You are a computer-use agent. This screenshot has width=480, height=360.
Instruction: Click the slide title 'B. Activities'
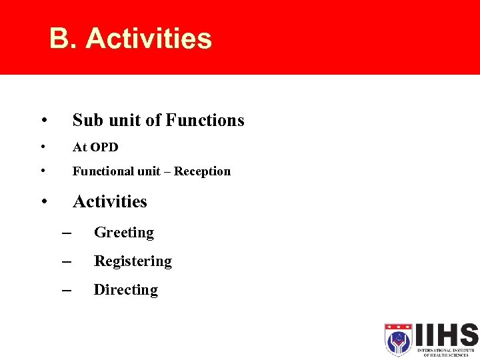(x=130, y=39)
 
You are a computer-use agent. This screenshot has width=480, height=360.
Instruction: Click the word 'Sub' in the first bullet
(x=87, y=120)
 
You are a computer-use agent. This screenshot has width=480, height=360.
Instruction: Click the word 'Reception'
(x=202, y=171)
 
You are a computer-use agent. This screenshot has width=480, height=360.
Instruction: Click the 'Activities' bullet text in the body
(x=109, y=201)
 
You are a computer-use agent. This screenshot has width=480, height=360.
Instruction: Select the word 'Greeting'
(x=123, y=233)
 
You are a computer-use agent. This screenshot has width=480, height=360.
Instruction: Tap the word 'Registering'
(x=133, y=261)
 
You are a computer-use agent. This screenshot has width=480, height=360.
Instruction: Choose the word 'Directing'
(x=125, y=290)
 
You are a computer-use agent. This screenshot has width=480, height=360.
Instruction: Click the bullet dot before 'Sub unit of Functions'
(x=43, y=121)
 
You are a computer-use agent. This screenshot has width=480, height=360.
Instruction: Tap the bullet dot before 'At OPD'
(x=42, y=147)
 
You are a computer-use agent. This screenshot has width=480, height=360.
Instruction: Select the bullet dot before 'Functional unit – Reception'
(x=42, y=171)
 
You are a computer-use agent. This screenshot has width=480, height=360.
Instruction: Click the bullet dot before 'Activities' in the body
(x=43, y=201)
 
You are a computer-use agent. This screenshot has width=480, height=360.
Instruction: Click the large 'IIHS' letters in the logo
(x=446, y=335)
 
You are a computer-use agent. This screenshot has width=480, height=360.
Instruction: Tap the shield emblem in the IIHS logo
(x=399, y=339)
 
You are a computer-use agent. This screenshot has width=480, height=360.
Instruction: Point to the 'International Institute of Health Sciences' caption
(x=446, y=352)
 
